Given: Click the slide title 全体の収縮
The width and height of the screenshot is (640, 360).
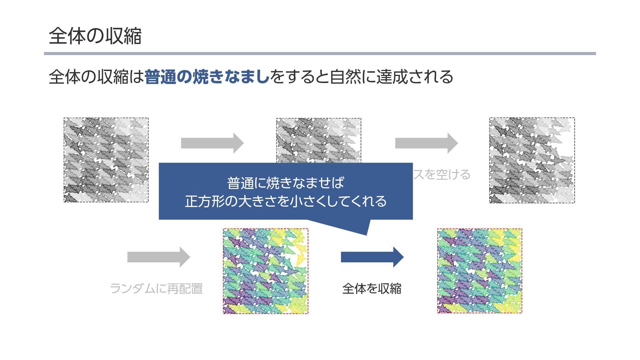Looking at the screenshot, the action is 95,36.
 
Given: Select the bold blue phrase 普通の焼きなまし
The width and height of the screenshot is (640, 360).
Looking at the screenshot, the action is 207,77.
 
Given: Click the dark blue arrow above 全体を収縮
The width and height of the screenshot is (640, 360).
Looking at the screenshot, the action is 372,257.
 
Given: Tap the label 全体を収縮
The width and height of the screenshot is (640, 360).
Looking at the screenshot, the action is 372,289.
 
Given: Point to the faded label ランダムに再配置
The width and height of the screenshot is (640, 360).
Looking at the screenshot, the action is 156,289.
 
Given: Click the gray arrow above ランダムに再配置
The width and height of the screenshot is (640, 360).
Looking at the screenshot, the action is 159,257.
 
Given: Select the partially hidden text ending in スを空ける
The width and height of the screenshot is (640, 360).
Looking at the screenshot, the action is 442,175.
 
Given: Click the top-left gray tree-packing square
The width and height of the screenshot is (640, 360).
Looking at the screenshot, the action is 106,160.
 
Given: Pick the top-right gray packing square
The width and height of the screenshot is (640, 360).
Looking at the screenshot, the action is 532,160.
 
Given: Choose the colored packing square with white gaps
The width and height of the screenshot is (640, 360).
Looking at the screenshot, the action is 265,271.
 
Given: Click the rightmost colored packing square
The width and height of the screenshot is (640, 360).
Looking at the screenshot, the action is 479,271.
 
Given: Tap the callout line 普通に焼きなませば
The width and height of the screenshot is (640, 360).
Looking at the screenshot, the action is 285,183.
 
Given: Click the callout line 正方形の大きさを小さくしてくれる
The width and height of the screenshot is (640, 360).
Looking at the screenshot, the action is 286,201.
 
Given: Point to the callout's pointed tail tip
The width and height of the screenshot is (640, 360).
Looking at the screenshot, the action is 366,234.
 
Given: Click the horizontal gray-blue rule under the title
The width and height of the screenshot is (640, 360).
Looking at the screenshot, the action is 320,53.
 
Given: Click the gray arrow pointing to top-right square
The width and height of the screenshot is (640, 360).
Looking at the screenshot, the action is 426,143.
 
